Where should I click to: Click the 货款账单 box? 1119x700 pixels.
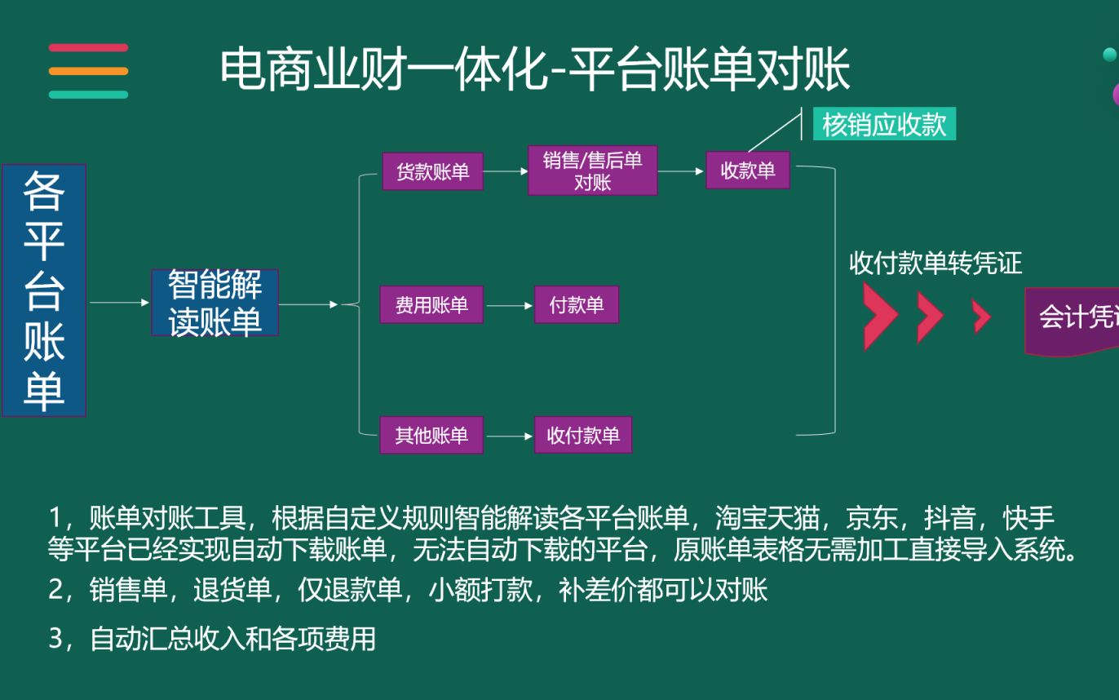pyautogui.click(x=432, y=171)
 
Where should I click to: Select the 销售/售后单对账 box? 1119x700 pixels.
pyautogui.click(x=592, y=171)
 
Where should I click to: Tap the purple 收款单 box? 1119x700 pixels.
pyautogui.click(x=747, y=171)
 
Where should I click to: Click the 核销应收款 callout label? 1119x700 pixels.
pyautogui.click(x=884, y=125)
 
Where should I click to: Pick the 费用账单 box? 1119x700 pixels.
pyautogui.click(x=431, y=304)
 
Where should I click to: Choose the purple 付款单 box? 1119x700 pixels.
pyautogui.click(x=576, y=304)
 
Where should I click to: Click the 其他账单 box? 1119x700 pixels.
pyautogui.click(x=431, y=435)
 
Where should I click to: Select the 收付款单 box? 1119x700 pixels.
pyautogui.click(x=582, y=435)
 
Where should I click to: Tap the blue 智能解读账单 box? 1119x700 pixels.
pyautogui.click(x=215, y=303)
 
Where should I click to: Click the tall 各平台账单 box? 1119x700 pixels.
pyautogui.click(x=44, y=290)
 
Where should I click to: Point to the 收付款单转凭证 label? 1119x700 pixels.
pyautogui.click(x=935, y=264)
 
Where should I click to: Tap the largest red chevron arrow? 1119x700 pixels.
pyautogui.click(x=879, y=317)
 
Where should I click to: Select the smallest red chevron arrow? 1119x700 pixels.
pyautogui.click(x=982, y=317)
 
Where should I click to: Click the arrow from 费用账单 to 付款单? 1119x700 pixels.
pyautogui.click(x=509, y=306)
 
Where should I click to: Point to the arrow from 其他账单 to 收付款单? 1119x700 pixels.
pyautogui.click(x=509, y=436)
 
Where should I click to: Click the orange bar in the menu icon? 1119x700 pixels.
pyautogui.click(x=88, y=71)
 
